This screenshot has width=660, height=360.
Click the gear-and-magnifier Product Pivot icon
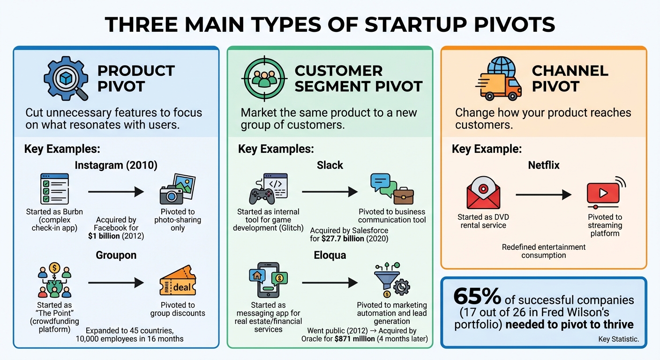point(66,79)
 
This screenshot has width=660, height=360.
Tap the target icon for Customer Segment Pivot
point(264,78)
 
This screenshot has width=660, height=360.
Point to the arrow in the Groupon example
point(116,283)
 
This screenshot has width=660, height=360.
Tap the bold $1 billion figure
point(104,236)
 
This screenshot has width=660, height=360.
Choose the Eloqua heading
point(330,256)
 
